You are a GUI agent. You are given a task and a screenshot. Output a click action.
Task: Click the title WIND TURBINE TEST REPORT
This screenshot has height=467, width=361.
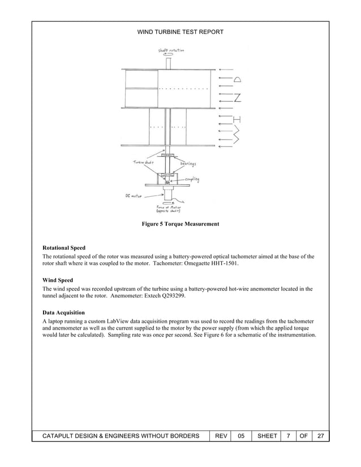[180, 32]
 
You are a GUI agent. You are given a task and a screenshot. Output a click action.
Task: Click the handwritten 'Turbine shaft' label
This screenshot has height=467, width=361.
[143, 162]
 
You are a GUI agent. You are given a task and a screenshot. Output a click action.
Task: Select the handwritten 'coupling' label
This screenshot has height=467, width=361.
[192, 179]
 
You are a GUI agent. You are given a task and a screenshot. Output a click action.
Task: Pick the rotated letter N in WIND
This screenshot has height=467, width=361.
[237, 98]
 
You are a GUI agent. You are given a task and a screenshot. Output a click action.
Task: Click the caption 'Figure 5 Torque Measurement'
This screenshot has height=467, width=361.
[180, 224]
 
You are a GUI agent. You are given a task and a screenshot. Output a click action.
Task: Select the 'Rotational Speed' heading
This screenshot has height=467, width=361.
[64, 248]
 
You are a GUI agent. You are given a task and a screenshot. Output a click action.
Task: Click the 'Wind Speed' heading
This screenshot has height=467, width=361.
[58, 280]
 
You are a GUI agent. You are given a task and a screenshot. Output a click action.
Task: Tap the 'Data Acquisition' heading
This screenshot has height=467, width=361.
[63, 312]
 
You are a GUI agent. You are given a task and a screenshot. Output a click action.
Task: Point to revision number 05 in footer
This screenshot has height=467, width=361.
[240, 436]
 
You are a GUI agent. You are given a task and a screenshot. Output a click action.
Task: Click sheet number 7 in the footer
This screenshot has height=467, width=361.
[288, 436]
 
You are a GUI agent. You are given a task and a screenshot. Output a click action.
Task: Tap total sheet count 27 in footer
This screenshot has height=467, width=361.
[320, 436]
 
